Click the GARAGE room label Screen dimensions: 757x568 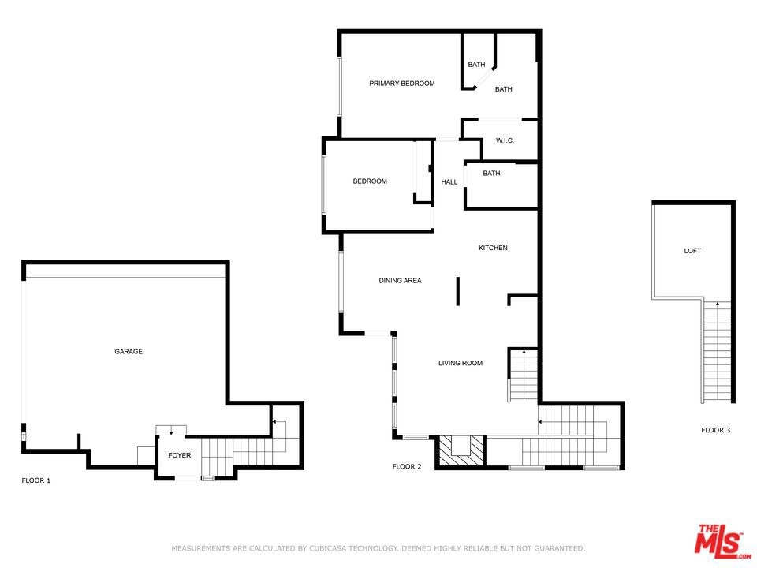[x=129, y=352]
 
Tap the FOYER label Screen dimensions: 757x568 [x=180, y=455]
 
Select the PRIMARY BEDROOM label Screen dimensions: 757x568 [x=402, y=84]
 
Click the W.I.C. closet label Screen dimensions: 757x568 [x=505, y=140]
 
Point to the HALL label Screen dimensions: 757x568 [x=449, y=182]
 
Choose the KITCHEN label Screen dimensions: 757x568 [x=493, y=248]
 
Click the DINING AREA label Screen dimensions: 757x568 [x=401, y=281]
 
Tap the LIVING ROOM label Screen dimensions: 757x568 [x=461, y=363]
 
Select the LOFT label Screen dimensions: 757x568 [x=692, y=251]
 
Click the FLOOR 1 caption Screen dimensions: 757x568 [x=36, y=480]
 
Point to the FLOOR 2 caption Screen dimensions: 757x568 [x=407, y=466]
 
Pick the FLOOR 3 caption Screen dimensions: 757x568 [x=716, y=430]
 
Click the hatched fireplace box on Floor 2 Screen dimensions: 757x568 [x=461, y=451]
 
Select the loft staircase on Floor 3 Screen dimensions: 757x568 [x=717, y=351]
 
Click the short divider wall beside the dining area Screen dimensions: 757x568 [x=457, y=291]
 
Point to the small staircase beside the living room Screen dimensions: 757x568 [x=524, y=374]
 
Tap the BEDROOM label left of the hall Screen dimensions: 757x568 [x=370, y=181]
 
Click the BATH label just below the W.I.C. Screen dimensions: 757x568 [x=491, y=174]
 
